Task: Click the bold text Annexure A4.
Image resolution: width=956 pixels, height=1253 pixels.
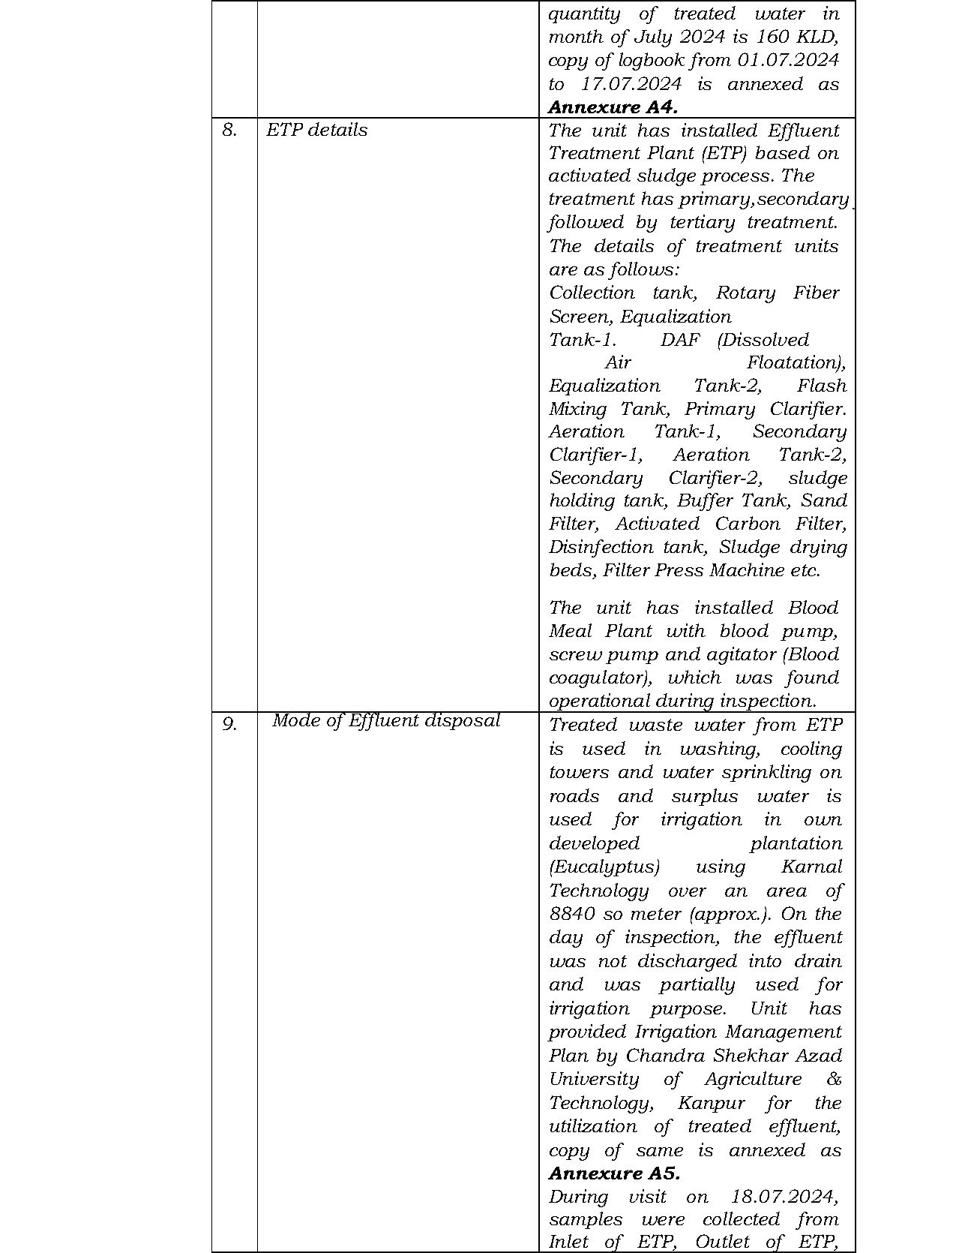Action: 613,107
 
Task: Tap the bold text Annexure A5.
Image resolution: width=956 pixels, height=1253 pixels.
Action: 614,1173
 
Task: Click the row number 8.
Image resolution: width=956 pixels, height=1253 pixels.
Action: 229,130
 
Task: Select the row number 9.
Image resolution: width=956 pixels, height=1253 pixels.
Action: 229,724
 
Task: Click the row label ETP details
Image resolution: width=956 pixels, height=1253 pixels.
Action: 316,130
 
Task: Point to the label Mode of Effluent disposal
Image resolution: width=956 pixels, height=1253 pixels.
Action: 386,720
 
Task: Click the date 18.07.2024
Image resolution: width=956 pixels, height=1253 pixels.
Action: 793,1197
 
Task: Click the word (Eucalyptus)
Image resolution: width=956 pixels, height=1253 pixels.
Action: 604,867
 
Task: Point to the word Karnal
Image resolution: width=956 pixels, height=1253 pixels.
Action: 811,867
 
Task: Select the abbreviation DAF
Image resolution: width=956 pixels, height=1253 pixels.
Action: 680,340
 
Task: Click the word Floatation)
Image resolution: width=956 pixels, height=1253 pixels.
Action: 796,362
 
